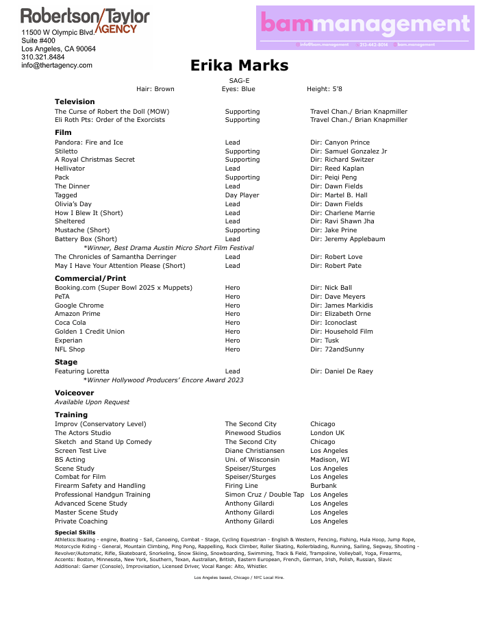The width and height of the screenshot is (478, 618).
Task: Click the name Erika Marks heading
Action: pos(239,66)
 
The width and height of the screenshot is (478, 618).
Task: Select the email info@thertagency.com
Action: pos(57,66)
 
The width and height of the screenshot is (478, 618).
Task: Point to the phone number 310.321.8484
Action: pos(43,58)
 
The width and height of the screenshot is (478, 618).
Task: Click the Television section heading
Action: pos(75,101)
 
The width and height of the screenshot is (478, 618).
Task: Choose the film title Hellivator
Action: pos(70,169)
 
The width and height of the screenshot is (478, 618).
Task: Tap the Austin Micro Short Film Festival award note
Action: pos(168,248)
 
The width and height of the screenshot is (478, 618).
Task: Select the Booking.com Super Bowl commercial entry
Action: pos(123,288)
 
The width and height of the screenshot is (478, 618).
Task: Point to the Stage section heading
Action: pos(66,362)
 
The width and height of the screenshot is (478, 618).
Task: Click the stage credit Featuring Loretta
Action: pos(81,371)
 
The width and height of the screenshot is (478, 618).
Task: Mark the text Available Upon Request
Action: pos(92,402)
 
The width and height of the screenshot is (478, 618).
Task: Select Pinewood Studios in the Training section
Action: pos(253,433)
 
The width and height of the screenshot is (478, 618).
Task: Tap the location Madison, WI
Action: pos(329,460)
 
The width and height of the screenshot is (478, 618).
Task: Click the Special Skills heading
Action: pos(75,532)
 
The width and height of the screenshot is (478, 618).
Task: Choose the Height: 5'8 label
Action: pos(324,89)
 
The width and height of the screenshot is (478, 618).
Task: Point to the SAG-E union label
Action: pos(239,81)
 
